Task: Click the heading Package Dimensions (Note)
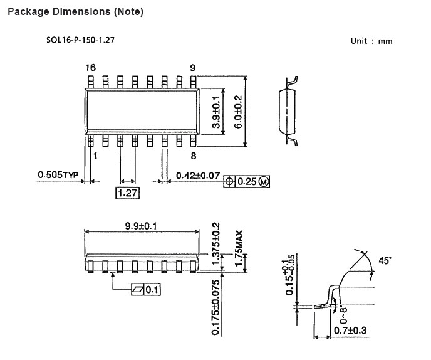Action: (75, 12)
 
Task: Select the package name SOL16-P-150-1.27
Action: (80, 40)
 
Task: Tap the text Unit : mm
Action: (371, 41)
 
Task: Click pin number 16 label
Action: (90, 68)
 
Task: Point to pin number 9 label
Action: (193, 68)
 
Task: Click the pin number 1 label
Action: (95, 156)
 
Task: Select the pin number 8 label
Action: (194, 156)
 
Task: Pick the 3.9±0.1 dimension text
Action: (216, 112)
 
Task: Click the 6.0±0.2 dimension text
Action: (238, 112)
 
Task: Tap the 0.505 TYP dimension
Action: (58, 175)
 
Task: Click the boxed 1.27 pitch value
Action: (127, 193)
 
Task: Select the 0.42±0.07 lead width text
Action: (198, 176)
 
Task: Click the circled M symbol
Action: (264, 182)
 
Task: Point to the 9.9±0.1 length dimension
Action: (141, 226)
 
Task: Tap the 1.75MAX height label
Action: (239, 248)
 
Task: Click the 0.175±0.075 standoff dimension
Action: (216, 307)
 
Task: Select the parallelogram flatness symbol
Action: (138, 290)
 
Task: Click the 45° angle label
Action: (385, 260)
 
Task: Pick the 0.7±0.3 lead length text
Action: (350, 331)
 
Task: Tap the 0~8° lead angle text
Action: (343, 315)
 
